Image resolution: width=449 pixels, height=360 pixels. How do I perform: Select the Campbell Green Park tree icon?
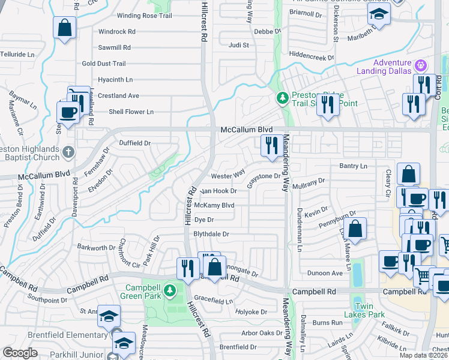[170, 291]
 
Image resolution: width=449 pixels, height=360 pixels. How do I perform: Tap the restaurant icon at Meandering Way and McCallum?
[272, 145]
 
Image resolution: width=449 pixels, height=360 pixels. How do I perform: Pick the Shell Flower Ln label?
[131, 112]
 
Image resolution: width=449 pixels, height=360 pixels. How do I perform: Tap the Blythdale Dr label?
[211, 234]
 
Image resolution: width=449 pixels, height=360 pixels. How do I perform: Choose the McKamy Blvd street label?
[214, 205]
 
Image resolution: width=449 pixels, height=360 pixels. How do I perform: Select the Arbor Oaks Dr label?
[262, 332]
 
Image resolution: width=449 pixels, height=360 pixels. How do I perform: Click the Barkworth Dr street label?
[96, 247]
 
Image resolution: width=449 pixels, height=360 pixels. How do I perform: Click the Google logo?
[20, 353]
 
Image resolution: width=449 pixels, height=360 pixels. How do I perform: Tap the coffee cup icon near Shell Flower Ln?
[68, 112]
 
